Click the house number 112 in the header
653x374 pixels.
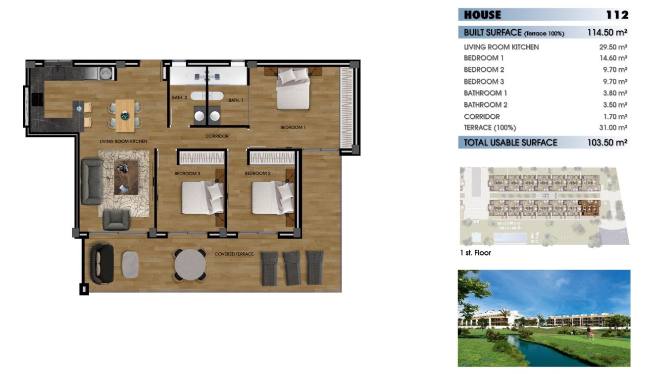click(x=616, y=15)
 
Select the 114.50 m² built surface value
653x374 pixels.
click(x=607, y=33)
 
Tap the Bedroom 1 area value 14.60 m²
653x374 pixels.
click(x=613, y=58)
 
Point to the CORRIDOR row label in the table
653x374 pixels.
click(x=482, y=116)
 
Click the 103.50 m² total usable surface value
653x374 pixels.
click(x=607, y=142)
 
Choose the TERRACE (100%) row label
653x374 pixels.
click(x=490, y=128)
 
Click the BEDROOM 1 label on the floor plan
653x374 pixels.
click(x=293, y=127)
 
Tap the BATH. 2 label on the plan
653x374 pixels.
click(x=179, y=98)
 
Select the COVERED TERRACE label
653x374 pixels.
click(x=234, y=254)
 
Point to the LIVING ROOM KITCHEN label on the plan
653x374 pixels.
click(x=123, y=141)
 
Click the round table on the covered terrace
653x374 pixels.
click(x=190, y=265)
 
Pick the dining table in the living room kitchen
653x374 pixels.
click(x=125, y=115)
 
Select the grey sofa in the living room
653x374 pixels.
click(x=92, y=182)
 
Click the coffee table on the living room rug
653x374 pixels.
click(x=126, y=177)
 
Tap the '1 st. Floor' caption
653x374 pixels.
click(x=475, y=253)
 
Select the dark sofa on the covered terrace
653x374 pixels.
click(x=102, y=263)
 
